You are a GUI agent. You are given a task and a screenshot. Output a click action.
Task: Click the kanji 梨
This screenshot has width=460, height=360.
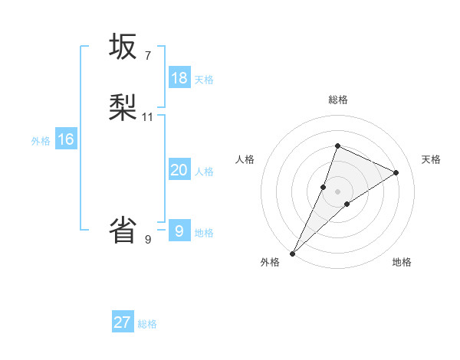tap(123, 108)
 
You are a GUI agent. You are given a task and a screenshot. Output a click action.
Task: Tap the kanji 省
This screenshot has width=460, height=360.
tap(123, 230)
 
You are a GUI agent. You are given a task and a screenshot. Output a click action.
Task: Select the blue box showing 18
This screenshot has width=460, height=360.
tap(179, 77)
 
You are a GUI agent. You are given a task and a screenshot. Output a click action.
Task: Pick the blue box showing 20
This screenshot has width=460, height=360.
tap(179, 170)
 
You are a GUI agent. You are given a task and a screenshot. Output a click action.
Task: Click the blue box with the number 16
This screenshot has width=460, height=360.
tap(66, 139)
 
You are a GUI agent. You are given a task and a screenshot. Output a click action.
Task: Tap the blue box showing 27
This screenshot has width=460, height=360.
tap(123, 322)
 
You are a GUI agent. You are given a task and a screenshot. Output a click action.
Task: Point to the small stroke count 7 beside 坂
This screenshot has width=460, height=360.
tap(148, 56)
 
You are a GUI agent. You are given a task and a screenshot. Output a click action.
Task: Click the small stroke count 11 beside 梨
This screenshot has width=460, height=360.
tap(148, 117)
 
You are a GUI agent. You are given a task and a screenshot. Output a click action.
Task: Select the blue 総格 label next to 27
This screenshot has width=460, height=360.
tap(147, 324)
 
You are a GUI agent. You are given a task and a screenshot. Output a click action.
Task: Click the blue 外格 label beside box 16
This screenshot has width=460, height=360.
tap(41, 141)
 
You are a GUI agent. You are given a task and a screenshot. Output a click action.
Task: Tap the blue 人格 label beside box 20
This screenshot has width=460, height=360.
tap(204, 172)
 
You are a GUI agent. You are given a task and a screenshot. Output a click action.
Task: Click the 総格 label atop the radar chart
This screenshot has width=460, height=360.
tap(337, 100)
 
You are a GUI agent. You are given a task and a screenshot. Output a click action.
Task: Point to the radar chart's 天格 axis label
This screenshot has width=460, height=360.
tap(431, 159)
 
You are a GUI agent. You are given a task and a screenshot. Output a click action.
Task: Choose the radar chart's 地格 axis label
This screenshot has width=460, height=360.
tap(402, 262)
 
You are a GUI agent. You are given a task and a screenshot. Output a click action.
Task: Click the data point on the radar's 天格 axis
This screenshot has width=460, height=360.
tap(396, 172)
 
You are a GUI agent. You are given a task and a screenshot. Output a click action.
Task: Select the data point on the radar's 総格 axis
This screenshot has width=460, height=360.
tap(337, 146)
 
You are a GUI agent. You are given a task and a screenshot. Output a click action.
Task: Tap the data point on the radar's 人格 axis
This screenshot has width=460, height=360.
tap(324, 187)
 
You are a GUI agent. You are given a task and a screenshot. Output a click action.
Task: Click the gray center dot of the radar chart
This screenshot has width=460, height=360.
tap(337, 191)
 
